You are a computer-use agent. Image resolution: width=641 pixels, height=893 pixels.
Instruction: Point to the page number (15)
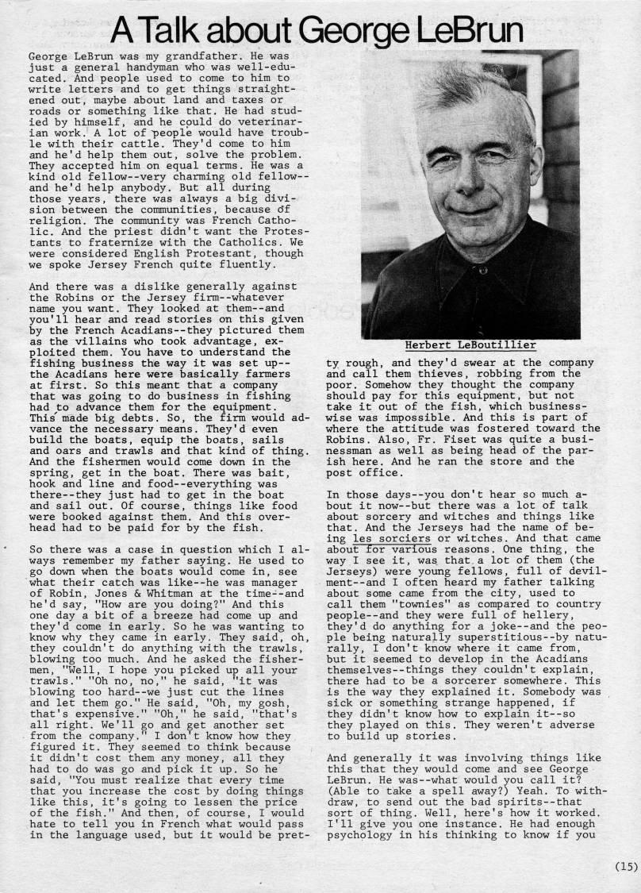click(625, 867)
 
